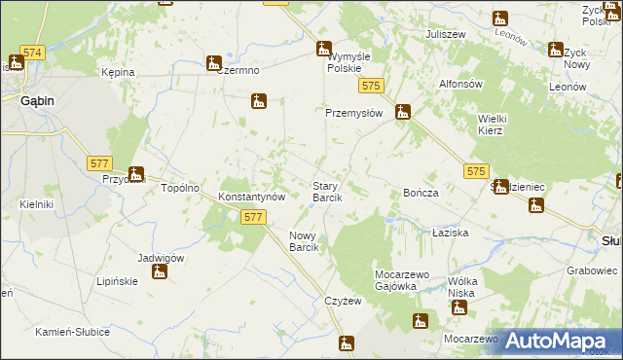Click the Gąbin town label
click(x=32, y=100)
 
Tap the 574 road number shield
click(x=31, y=52)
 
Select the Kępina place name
click(x=118, y=72)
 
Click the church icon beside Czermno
click(x=213, y=64)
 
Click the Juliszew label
click(x=445, y=34)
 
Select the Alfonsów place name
click(x=461, y=84)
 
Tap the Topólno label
click(x=180, y=188)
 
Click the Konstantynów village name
click(x=251, y=196)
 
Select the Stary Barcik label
click(x=326, y=192)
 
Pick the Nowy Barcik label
click(x=305, y=241)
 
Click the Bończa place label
click(x=421, y=193)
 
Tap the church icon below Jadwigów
click(x=160, y=270)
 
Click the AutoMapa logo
click(x=562, y=342)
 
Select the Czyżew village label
click(x=343, y=302)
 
